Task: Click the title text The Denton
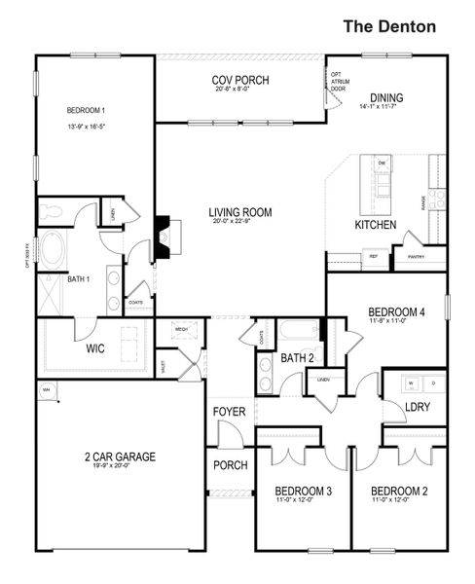(x=389, y=27)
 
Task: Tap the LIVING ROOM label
(x=239, y=211)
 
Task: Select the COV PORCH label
(x=239, y=81)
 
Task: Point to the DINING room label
(x=385, y=98)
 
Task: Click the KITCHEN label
(x=375, y=226)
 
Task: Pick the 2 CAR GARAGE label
(x=120, y=456)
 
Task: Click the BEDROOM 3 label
(x=304, y=491)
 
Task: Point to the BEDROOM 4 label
(x=396, y=311)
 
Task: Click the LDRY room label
(x=417, y=407)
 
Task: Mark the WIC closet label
(x=95, y=347)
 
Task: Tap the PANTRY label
(x=417, y=257)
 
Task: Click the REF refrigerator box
(x=373, y=257)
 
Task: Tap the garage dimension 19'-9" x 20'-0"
(x=120, y=466)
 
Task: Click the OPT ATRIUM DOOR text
(x=338, y=81)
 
